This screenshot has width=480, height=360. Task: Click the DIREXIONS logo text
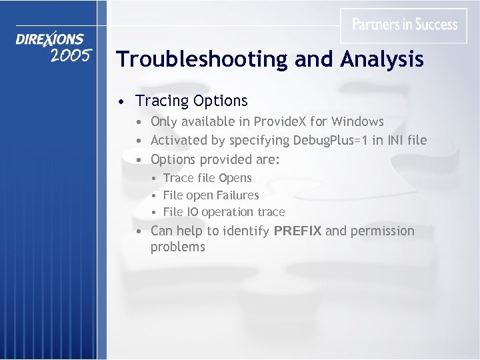(x=50, y=39)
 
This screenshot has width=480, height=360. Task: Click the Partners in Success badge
(x=404, y=25)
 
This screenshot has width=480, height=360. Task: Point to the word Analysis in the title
(x=382, y=59)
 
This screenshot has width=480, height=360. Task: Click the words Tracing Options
(x=191, y=101)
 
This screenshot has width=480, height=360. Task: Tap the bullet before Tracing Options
(x=119, y=102)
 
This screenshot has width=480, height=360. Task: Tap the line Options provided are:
(x=215, y=159)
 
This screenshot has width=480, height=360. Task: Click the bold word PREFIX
(x=297, y=231)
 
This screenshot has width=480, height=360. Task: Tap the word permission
(x=382, y=231)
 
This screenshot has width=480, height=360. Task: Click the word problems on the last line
(x=177, y=247)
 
